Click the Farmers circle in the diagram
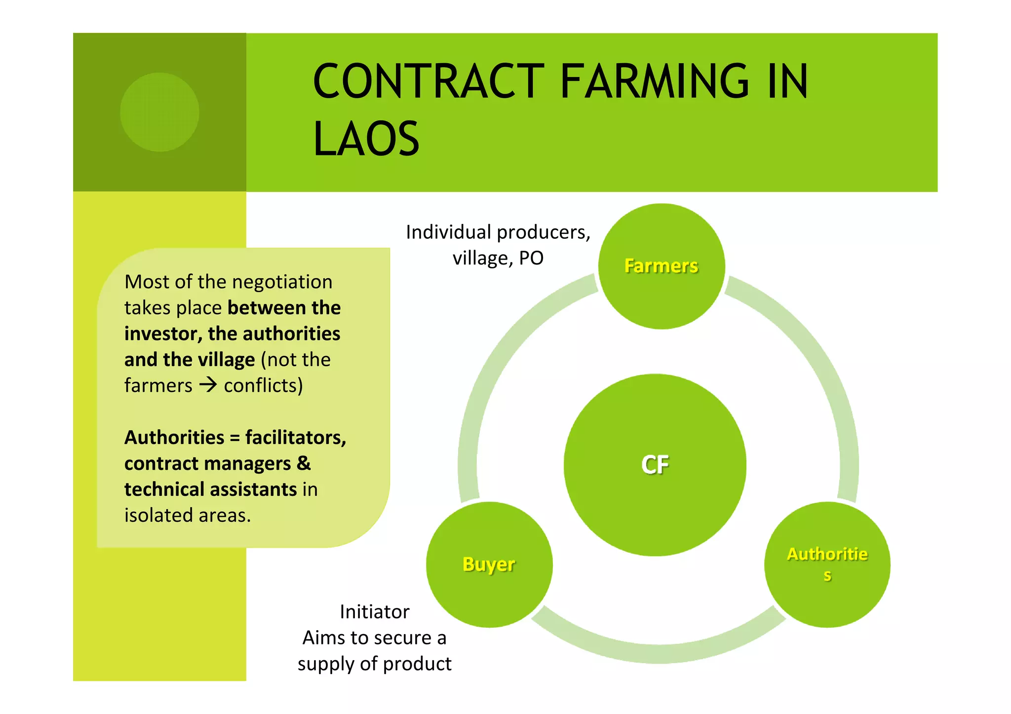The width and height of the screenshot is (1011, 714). point(661,266)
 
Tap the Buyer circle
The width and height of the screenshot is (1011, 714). point(489,564)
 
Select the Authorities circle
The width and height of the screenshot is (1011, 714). point(827,564)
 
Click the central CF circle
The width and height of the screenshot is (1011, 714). point(655,465)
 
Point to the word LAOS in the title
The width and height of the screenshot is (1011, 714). point(366,139)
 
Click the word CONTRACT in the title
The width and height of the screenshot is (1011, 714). point(428,81)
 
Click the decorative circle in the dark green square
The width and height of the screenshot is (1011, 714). point(159,112)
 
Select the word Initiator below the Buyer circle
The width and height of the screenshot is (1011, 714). point(375,612)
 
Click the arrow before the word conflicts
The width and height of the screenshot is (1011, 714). point(208,385)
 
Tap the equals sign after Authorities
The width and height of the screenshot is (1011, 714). point(234,438)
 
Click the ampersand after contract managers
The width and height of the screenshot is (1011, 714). point(304,463)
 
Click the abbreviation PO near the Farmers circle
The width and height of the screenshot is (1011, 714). point(531,258)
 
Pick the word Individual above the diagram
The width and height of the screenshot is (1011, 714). point(448,232)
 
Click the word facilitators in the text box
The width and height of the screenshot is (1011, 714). point(295,438)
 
